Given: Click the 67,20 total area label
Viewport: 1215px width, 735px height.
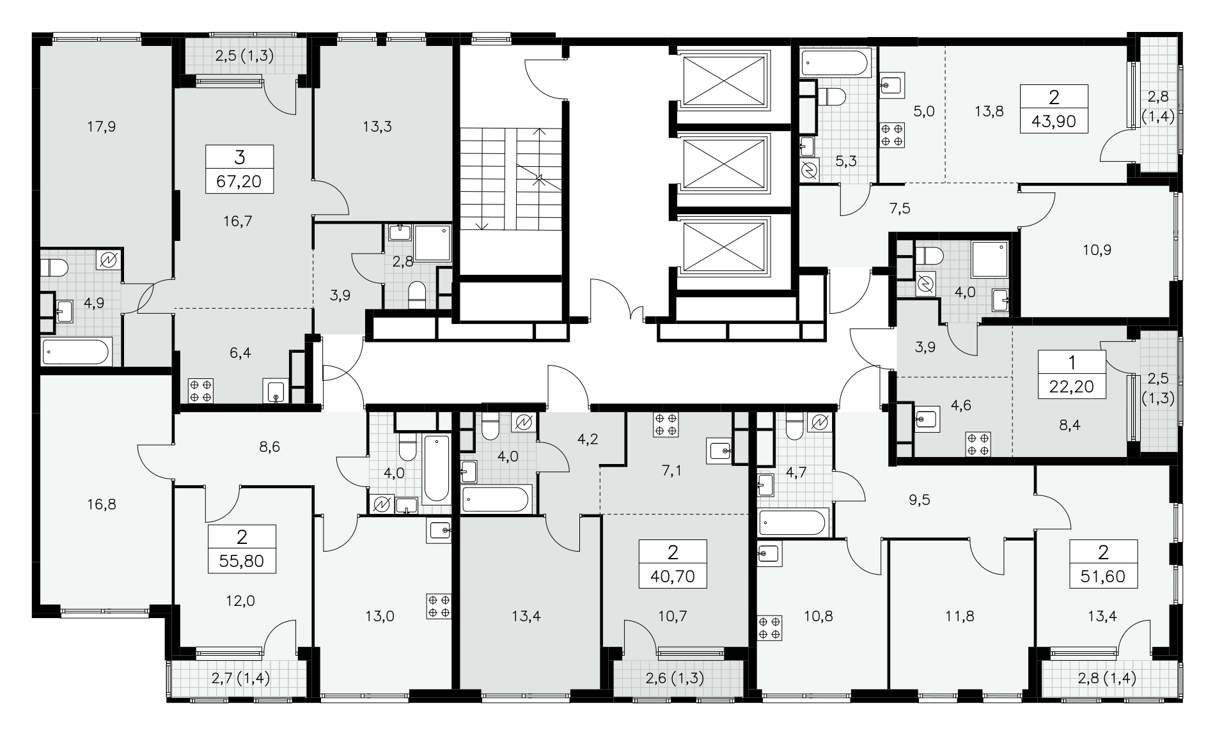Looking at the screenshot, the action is pyautogui.click(x=240, y=182).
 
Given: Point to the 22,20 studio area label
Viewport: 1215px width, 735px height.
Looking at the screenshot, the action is pyautogui.click(x=1072, y=385).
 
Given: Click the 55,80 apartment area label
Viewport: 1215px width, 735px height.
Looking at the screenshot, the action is pyautogui.click(x=242, y=561).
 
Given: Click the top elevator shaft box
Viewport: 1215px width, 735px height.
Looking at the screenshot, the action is pyautogui.click(x=725, y=80).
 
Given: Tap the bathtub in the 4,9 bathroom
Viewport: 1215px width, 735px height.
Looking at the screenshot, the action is pyautogui.click(x=75, y=352).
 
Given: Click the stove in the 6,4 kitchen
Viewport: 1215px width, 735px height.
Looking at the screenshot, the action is pyautogui.click(x=200, y=391).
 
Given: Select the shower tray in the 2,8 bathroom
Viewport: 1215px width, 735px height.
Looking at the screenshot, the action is pyautogui.click(x=433, y=243).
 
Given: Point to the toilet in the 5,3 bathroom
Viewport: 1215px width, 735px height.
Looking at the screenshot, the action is pyautogui.click(x=833, y=97).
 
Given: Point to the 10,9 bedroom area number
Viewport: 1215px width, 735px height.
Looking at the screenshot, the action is pyautogui.click(x=1097, y=250).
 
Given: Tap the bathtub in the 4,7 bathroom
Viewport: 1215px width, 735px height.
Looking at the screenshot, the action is pyautogui.click(x=793, y=523).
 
